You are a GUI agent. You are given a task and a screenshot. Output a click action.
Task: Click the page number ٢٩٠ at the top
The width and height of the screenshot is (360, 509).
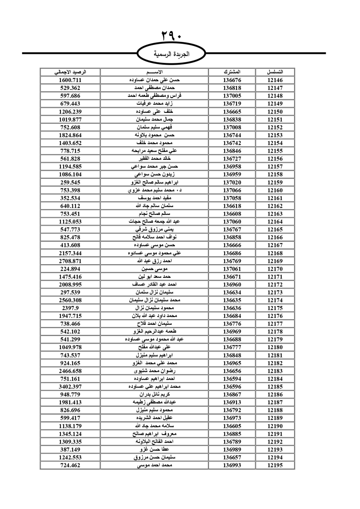(x=171, y=36)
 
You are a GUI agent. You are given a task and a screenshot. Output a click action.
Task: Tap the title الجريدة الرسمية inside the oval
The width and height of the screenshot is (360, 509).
(x=172, y=54)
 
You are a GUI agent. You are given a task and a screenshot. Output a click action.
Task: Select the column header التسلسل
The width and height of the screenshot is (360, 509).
(x=275, y=72)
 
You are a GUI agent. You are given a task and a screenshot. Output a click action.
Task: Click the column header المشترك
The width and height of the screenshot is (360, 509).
(x=232, y=72)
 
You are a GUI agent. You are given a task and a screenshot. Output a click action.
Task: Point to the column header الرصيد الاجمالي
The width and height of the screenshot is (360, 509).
(x=70, y=72)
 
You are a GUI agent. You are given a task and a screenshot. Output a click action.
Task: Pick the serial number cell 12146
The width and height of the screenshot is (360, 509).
(x=275, y=80)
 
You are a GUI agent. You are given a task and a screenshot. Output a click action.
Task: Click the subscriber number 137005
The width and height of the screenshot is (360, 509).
(x=232, y=96)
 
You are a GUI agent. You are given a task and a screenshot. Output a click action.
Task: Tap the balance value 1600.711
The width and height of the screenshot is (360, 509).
(x=70, y=80)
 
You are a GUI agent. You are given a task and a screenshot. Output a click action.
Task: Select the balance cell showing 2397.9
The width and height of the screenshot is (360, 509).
(x=70, y=308)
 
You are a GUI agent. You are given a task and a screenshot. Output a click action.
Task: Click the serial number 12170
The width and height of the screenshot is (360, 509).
(x=275, y=269)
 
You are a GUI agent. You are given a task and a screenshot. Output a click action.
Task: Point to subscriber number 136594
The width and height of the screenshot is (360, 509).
(x=232, y=379)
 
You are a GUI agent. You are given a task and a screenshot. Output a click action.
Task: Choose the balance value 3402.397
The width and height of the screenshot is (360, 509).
(x=70, y=387)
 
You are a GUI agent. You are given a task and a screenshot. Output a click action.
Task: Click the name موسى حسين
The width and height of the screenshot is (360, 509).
(x=154, y=269)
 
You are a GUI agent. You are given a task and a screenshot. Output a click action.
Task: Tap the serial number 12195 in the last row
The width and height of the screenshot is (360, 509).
(x=275, y=465)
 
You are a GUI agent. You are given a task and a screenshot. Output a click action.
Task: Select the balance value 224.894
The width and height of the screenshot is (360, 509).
(x=70, y=269)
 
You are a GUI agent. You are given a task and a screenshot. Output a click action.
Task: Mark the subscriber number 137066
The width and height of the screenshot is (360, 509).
(x=232, y=190)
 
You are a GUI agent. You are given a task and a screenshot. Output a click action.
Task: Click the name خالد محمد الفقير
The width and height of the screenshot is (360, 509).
(x=154, y=159)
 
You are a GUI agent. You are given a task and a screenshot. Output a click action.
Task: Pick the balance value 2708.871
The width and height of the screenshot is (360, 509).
(x=70, y=261)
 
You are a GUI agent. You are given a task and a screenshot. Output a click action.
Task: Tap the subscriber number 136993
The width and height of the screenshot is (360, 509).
(x=232, y=465)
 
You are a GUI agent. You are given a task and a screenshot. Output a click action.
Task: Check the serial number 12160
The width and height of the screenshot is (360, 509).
(x=275, y=190)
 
